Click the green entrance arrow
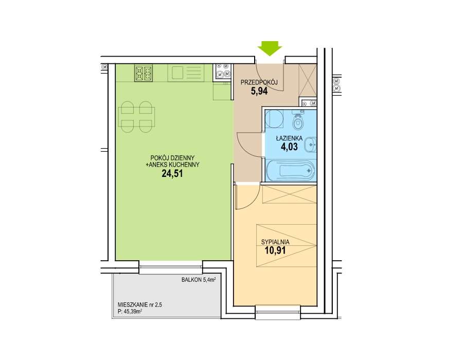pos(270,49)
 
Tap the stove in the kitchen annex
pos(144,73)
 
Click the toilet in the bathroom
pos(298,121)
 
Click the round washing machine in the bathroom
pos(274,119)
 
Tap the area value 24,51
pos(172,173)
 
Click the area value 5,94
pos(259,91)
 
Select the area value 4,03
pos(289,147)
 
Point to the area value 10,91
pos(275,250)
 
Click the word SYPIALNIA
pos(275,242)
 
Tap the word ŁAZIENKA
pos(289,138)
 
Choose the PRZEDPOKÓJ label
pos(259,83)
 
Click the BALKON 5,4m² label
pos(199,280)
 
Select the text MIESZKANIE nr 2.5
pos(139,305)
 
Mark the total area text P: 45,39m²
pos(130,311)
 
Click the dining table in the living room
pos(136,117)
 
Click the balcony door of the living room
pos(171,267)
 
